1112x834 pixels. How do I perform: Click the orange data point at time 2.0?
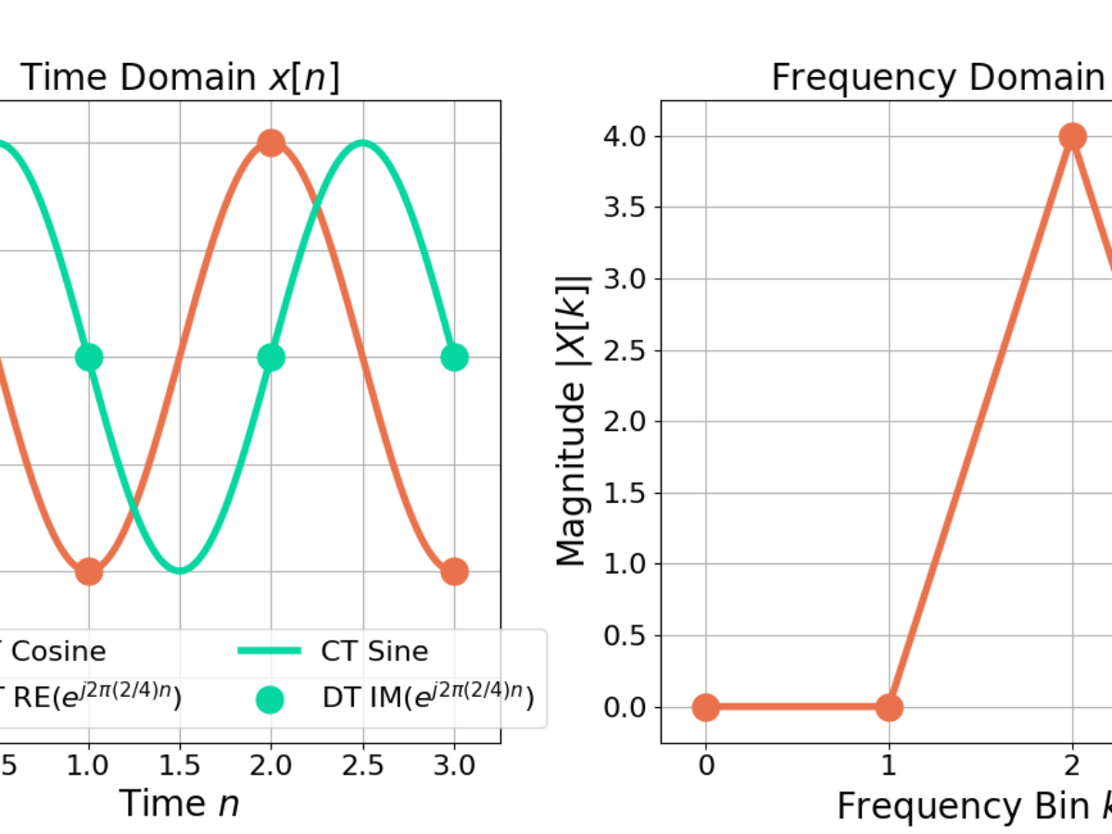pos(271,143)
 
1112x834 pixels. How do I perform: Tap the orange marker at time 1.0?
pos(88,572)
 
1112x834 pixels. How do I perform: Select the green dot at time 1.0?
pos(88,357)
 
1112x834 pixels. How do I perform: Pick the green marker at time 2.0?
pos(271,357)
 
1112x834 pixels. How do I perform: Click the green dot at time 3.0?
pos(453,357)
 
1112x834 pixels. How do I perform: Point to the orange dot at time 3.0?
pos(453,572)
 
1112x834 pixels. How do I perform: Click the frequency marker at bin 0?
pos(705,707)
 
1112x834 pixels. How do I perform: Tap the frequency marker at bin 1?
pos(889,707)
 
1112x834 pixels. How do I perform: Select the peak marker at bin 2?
pos(1072,137)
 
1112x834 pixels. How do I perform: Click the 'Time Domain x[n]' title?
pos(180,78)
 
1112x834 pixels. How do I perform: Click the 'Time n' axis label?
pos(180,802)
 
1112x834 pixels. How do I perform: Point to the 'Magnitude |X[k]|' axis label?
pos(573,422)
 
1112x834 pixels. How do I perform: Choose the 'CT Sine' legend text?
pos(374,651)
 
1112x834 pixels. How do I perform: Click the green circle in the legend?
pos(270,698)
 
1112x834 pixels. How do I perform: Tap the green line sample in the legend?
pos(270,651)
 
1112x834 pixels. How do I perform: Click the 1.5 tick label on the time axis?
pos(180,766)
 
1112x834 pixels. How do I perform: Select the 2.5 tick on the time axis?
pos(362,766)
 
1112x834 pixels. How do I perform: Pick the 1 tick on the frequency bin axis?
pos(889,766)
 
